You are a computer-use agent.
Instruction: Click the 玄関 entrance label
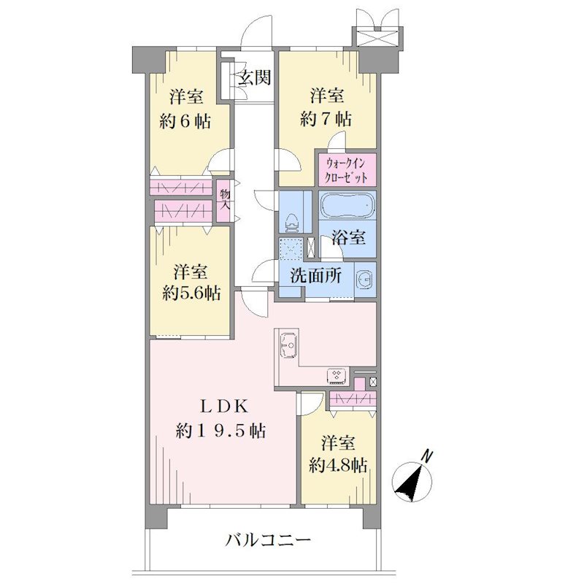255,78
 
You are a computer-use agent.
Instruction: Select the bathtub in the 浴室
347,205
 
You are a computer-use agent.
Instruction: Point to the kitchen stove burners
338,376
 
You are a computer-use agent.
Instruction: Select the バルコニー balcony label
268,539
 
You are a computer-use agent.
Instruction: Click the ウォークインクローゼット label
346,171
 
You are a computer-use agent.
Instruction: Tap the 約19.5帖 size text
221,431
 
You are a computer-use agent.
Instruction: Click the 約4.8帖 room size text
338,465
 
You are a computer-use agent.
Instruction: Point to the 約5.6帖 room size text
191,293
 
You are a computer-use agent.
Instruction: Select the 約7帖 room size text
325,119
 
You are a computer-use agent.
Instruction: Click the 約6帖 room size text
185,121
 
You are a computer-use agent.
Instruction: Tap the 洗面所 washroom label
316,276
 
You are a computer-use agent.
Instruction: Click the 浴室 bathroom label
349,237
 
